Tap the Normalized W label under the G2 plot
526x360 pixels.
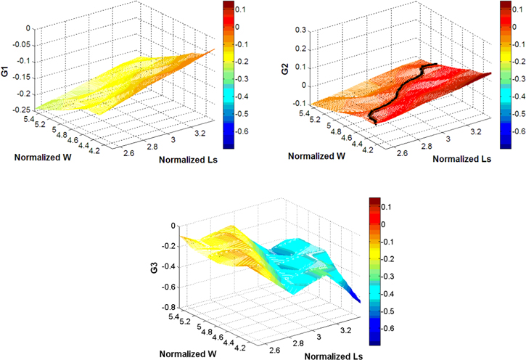[316, 156]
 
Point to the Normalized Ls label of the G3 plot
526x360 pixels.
[333, 356]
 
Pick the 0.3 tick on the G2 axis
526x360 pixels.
[299, 30]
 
